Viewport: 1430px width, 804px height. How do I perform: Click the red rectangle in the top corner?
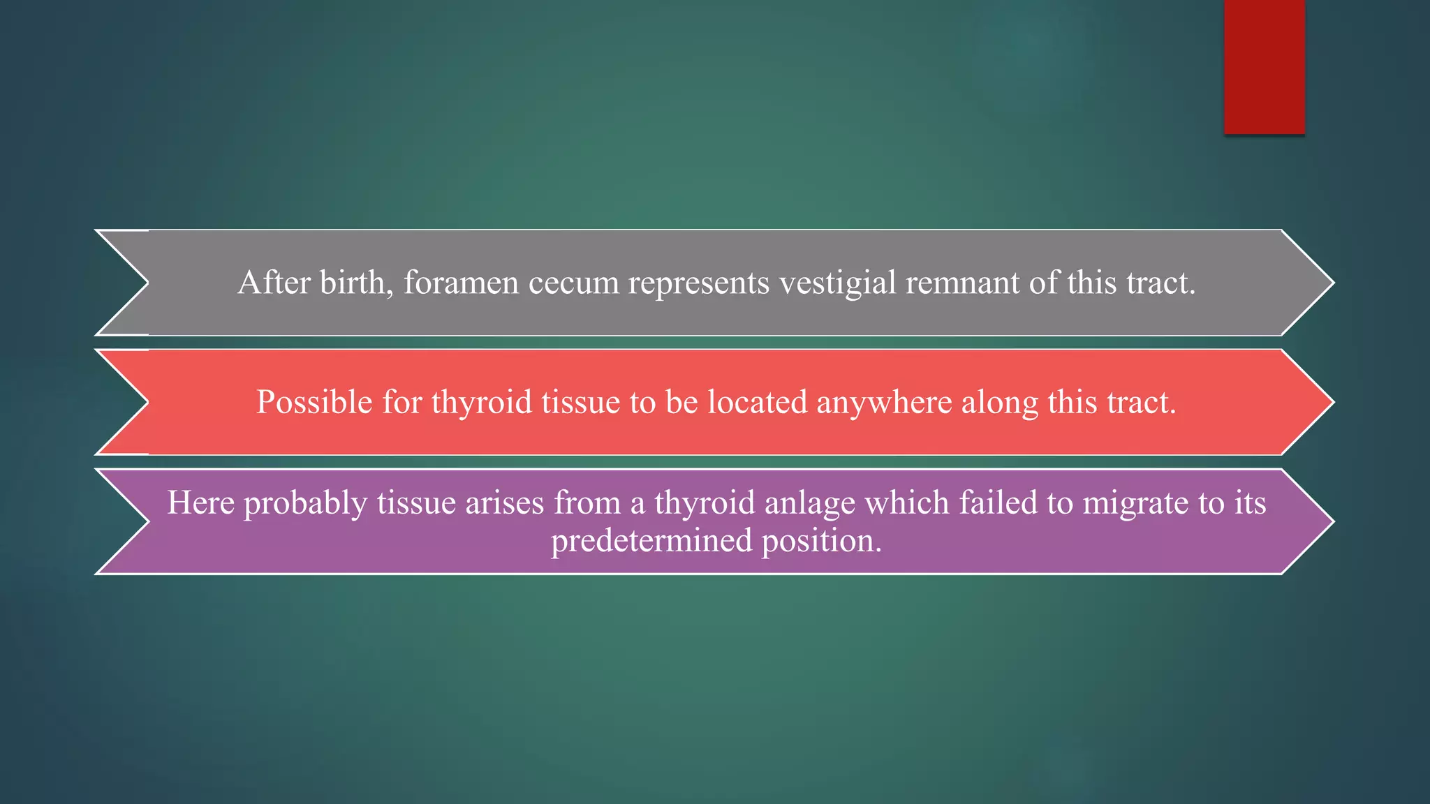tap(1264, 66)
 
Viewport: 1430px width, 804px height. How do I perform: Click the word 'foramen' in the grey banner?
tap(461, 283)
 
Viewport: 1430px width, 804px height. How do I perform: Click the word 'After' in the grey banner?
tap(274, 283)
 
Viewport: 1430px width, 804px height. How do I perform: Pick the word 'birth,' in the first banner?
tap(356, 283)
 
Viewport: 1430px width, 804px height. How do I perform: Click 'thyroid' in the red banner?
tap(481, 403)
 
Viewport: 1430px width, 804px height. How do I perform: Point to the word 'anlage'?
tap(809, 503)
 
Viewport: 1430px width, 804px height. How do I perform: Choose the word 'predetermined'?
tap(651, 541)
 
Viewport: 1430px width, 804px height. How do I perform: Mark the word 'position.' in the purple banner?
tap(821, 541)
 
